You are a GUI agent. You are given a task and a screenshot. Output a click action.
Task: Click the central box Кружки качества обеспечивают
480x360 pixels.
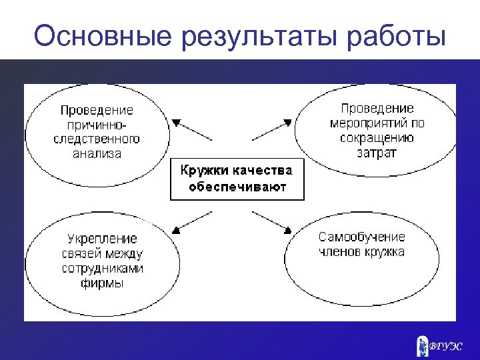click(237, 179)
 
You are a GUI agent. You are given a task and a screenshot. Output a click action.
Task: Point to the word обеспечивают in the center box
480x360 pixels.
click(237, 187)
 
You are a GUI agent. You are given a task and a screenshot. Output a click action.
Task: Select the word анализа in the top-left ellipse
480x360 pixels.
click(97, 153)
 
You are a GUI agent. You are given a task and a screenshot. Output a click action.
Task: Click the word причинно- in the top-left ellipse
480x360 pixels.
click(97, 125)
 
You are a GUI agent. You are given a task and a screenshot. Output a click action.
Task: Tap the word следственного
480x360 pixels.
click(97, 139)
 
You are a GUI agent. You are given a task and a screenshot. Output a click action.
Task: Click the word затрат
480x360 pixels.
click(377, 152)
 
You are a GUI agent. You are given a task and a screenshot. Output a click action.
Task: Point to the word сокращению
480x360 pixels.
click(377, 138)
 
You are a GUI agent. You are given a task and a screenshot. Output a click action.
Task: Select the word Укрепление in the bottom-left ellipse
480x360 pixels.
click(102, 239)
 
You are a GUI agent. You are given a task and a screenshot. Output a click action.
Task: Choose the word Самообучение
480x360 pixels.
click(361, 237)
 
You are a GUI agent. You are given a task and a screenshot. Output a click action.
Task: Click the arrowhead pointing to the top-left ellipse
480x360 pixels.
click(176, 123)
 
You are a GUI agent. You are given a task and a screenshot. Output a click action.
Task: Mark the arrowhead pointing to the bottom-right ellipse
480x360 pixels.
click(287, 229)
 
